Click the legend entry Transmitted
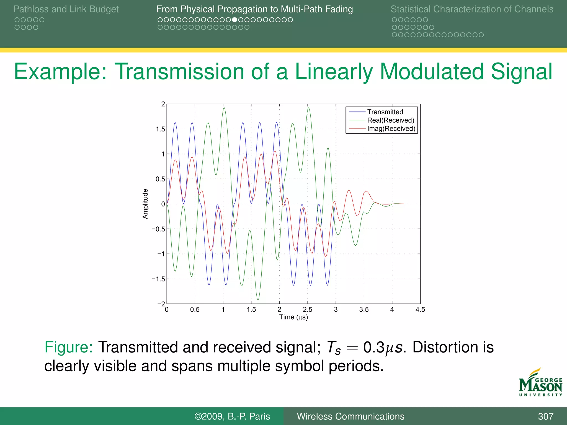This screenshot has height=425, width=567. tap(385, 112)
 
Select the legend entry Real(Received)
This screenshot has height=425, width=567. tap(390, 120)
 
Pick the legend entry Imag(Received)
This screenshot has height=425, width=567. tap(391, 129)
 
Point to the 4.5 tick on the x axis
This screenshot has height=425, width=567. tap(420, 310)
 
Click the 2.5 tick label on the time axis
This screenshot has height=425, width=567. tap(307, 310)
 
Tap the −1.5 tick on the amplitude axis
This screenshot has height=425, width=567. tap(158, 279)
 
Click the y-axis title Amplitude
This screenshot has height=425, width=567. tap(145, 204)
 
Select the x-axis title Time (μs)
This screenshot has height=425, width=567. tap(293, 317)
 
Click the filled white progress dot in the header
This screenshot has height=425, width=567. tap(234, 20)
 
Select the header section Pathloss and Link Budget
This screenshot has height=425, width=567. tap(66, 9)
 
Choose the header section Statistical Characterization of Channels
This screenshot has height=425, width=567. tap(472, 9)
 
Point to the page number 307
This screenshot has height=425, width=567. tap(545, 416)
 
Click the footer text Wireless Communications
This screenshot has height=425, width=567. tap(350, 416)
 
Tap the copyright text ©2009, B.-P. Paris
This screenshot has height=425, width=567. tap(232, 416)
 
